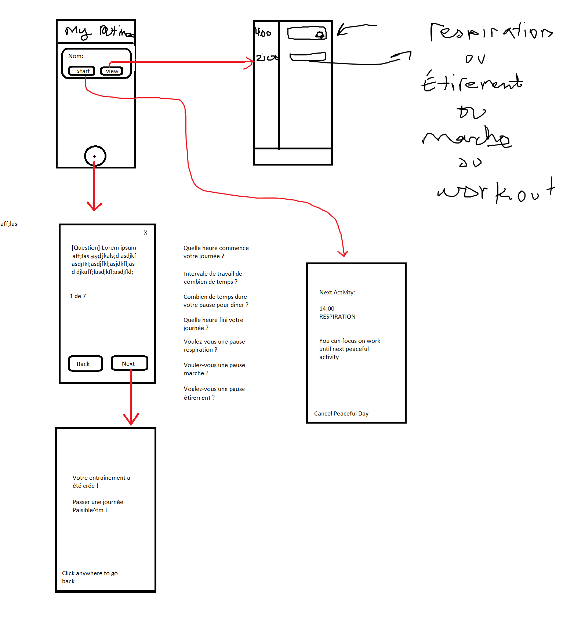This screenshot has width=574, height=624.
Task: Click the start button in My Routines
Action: coord(82,71)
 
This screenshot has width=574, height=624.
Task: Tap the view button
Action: coord(112,71)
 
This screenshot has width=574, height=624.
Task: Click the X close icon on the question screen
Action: coord(146,233)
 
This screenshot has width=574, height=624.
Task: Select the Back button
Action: coord(85,364)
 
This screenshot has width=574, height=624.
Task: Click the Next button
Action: coord(129,363)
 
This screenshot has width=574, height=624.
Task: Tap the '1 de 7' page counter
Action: coord(78,296)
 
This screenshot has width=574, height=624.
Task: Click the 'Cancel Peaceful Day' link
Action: coord(341,414)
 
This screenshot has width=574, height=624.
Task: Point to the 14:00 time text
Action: coord(327,309)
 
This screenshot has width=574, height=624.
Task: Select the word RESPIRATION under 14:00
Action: coord(337,317)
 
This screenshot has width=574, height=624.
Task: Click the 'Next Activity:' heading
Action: coord(337,293)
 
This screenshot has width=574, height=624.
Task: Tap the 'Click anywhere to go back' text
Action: coord(90,577)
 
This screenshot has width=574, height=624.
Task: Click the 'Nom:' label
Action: coord(76,56)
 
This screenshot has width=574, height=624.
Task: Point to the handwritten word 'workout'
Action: coord(496,191)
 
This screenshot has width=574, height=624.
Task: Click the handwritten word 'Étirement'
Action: coord(472,83)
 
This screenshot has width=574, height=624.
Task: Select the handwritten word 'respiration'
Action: coord(491,32)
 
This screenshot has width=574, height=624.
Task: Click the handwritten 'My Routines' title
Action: coord(98,32)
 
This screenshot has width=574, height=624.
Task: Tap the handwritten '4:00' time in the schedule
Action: coord(263,32)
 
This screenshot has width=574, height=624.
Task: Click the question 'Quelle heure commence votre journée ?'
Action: coord(216,252)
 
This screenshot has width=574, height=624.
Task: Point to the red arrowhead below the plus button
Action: coord(94,206)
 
